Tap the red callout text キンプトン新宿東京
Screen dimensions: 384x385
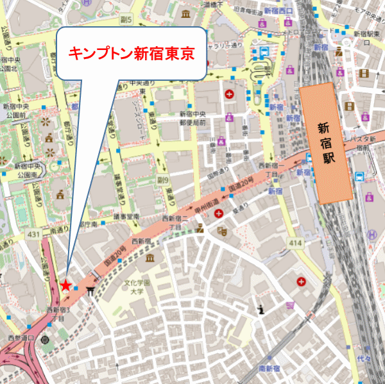(131, 53)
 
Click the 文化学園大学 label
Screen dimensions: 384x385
(137, 287)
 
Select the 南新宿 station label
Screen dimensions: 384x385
(271, 368)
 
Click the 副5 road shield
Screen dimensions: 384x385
(126, 20)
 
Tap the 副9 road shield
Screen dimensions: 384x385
(162, 180)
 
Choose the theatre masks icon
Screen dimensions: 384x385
(222, 230)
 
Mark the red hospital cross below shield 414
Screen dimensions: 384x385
(301, 282)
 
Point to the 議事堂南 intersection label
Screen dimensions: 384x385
(126, 217)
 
